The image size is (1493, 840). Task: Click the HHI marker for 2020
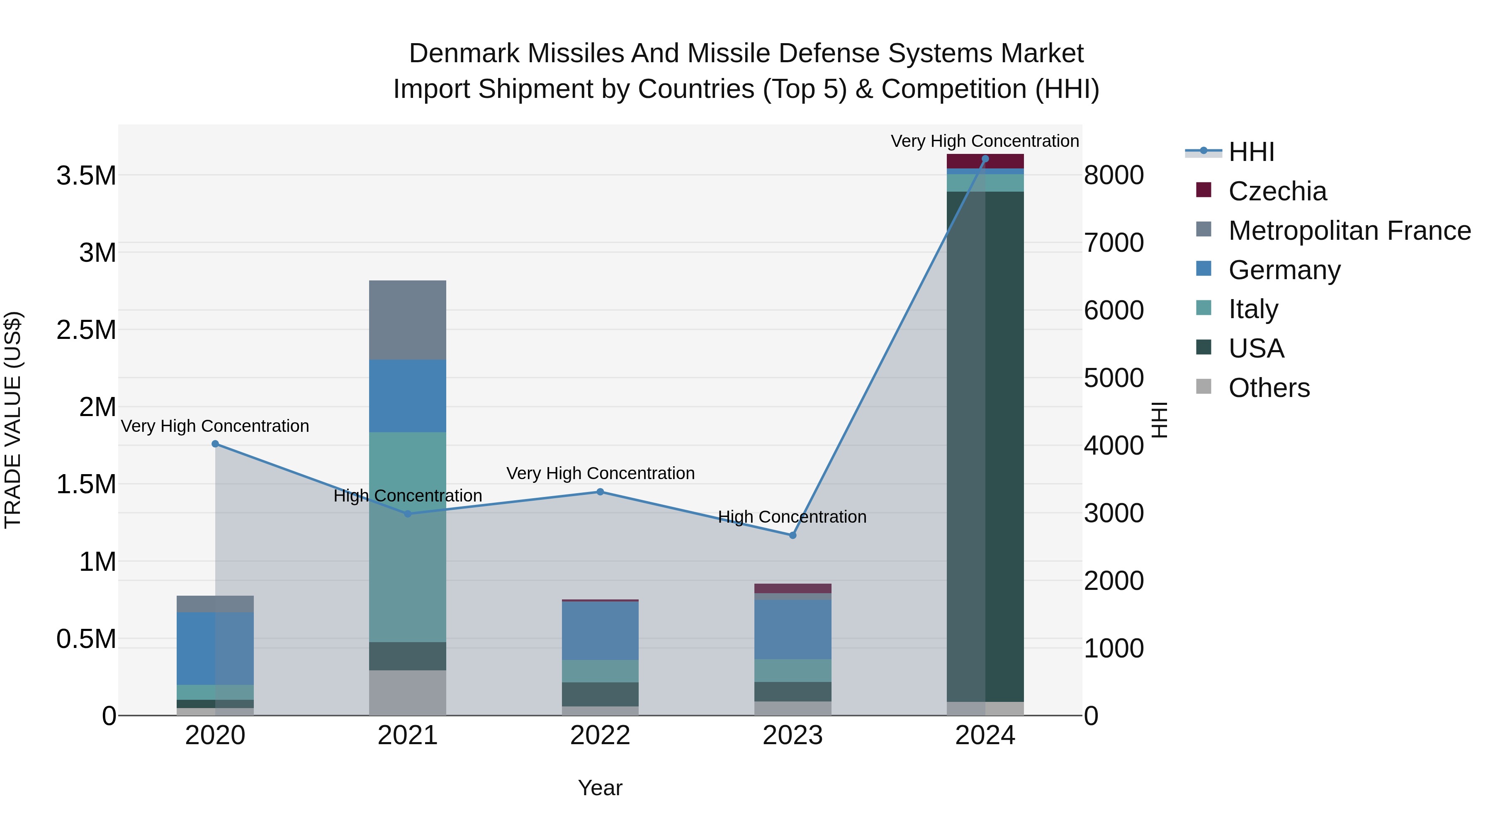coord(215,444)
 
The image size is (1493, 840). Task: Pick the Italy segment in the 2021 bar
coord(407,537)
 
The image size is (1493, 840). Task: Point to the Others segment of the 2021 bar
coord(407,693)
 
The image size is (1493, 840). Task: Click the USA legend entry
coord(1255,348)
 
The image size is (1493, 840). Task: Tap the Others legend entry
coord(1268,388)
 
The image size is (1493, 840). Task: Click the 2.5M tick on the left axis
coord(86,330)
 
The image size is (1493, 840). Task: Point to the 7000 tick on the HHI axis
coord(1114,243)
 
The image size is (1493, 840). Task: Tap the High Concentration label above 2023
coord(792,516)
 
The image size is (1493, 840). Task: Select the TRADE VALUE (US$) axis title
coord(13,420)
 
